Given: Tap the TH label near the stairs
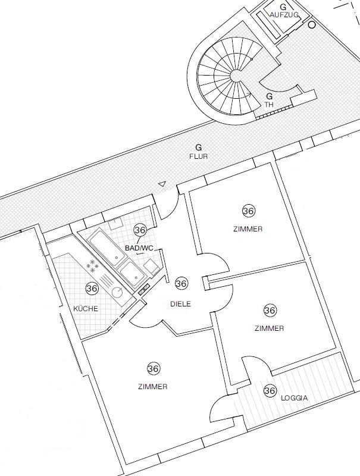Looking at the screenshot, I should tap(269, 104).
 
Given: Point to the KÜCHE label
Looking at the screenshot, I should tap(86, 309).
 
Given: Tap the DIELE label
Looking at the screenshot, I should tap(180, 303).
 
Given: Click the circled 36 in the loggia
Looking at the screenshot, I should tap(270, 390).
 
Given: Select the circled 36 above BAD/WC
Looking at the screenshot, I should tap(140, 230).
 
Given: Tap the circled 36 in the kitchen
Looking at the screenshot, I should tap(92, 289).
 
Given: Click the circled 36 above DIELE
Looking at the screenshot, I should tap(181, 284).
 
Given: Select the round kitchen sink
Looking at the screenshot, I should tap(118, 292).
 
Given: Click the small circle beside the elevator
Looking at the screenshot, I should tap(311, 25).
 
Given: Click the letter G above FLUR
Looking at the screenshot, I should tap(199, 146).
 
